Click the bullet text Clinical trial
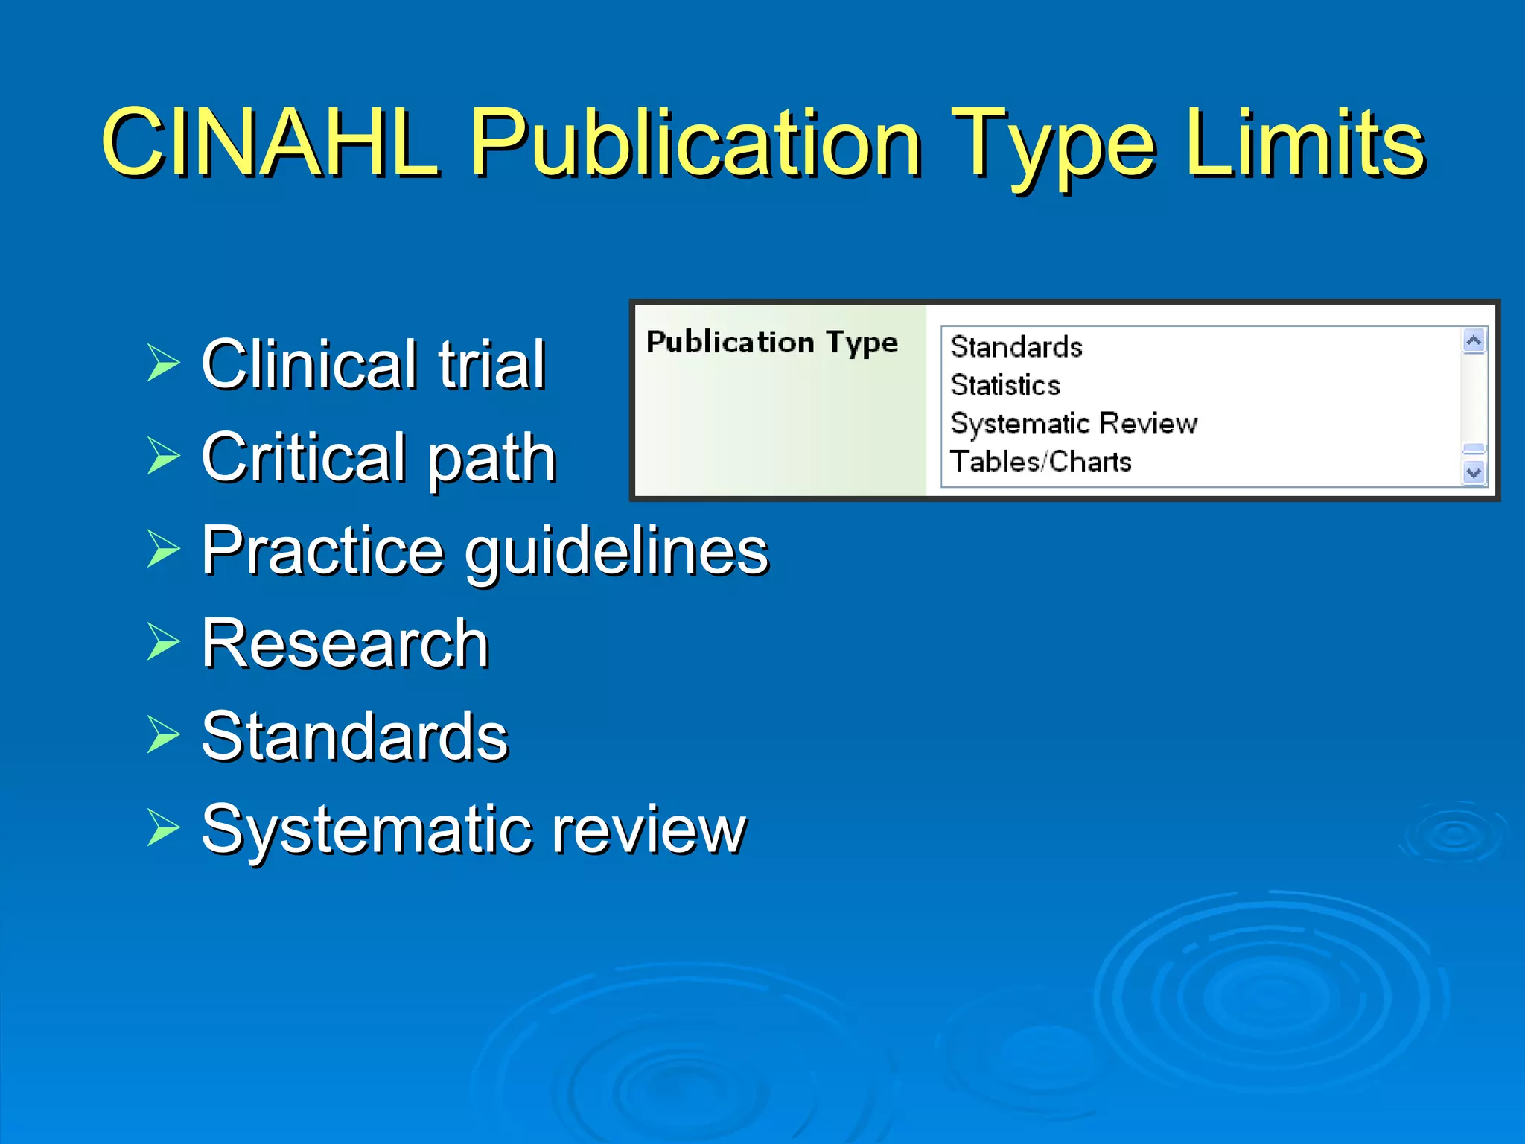(x=373, y=364)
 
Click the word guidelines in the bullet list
(x=617, y=551)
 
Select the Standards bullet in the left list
(x=354, y=737)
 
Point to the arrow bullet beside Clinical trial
(x=163, y=363)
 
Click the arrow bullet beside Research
(x=163, y=641)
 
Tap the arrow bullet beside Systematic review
(x=163, y=827)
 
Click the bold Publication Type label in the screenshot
(x=772, y=343)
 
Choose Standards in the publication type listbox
(x=1016, y=347)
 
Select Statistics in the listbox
(x=1005, y=385)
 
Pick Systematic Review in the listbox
(x=1073, y=424)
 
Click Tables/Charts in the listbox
(x=1040, y=462)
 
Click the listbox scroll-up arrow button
(x=1474, y=341)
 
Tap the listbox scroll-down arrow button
(x=1474, y=473)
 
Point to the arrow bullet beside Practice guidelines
(x=163, y=549)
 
